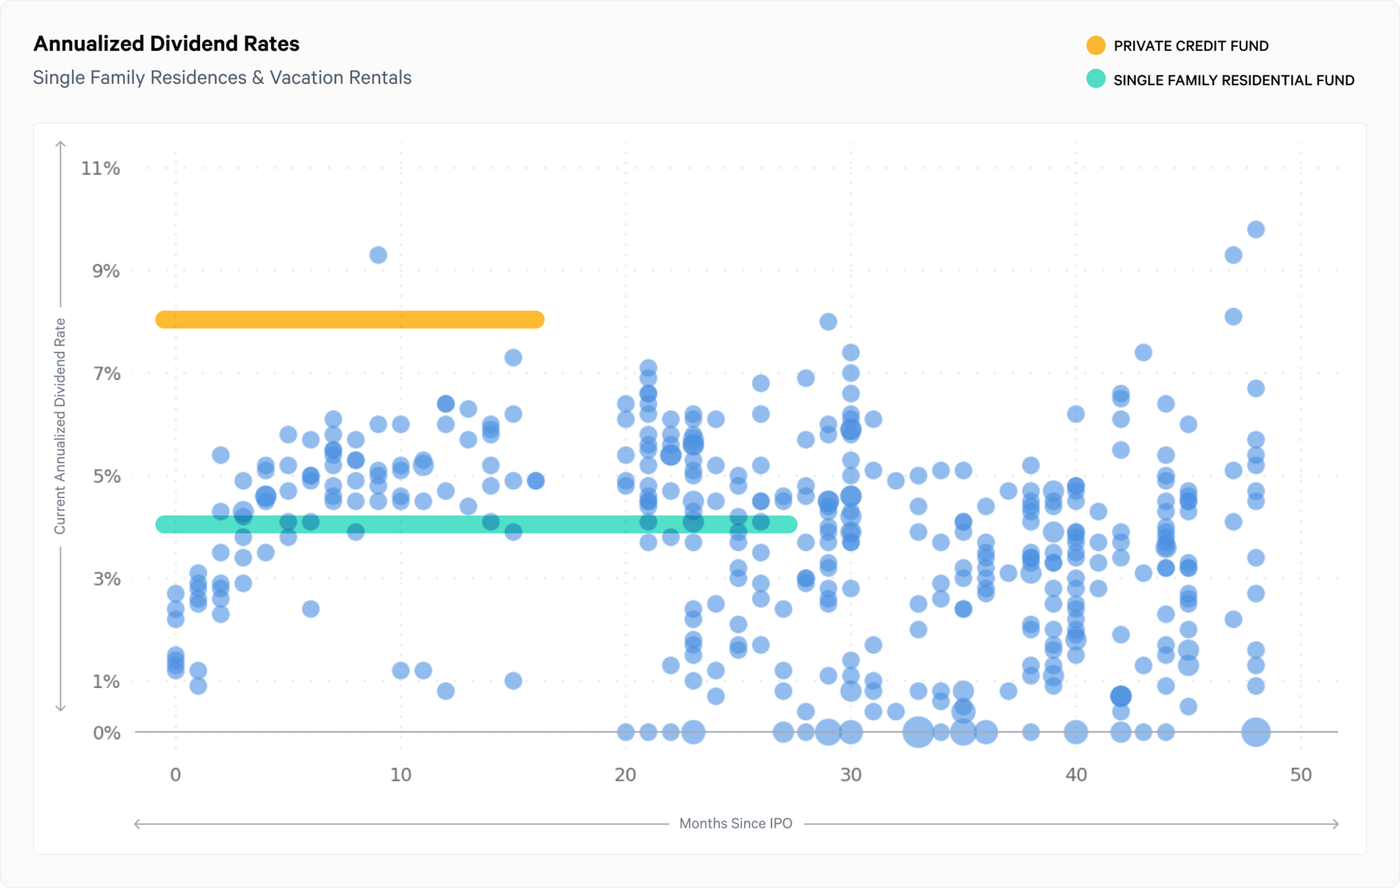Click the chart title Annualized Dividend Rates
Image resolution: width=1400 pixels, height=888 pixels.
(x=167, y=44)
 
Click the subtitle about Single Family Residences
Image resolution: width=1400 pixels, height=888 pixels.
(x=222, y=78)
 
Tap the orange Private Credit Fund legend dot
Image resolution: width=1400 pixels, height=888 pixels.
(x=1095, y=45)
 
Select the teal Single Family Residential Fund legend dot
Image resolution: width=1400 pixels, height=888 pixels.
(x=1095, y=79)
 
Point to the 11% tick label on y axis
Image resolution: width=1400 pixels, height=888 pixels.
(x=101, y=169)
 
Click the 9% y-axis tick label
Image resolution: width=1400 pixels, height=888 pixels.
(x=106, y=272)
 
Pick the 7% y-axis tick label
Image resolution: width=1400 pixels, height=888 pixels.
(x=106, y=374)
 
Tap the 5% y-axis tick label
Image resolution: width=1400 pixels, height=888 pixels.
(x=106, y=477)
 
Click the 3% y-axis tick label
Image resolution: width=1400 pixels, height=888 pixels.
(x=106, y=579)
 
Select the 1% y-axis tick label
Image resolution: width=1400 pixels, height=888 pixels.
(x=106, y=682)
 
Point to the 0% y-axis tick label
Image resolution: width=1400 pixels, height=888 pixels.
(x=106, y=733)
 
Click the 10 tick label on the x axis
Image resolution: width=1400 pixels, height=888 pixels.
(x=400, y=775)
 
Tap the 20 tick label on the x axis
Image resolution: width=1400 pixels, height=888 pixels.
(x=625, y=775)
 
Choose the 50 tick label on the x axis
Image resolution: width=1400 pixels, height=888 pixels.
(x=1301, y=775)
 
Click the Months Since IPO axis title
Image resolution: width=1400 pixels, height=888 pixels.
(x=736, y=824)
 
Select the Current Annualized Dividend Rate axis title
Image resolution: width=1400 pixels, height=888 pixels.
(x=60, y=426)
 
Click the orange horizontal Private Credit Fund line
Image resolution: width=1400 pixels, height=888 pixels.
(x=350, y=320)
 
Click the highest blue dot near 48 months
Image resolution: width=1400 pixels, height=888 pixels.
(x=1256, y=230)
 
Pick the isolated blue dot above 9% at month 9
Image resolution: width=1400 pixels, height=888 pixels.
(x=378, y=255)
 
